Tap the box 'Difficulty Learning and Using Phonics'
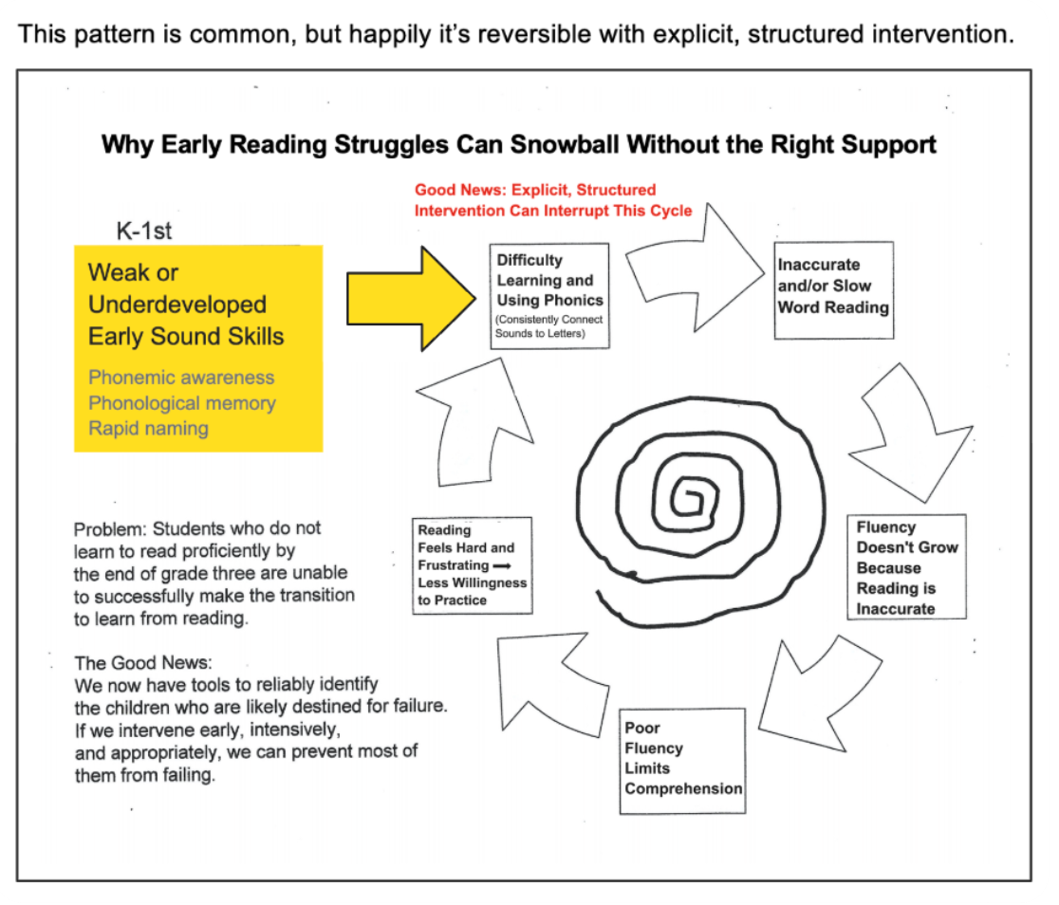pyautogui.click(x=549, y=296)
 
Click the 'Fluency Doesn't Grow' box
pyautogui.click(x=906, y=566)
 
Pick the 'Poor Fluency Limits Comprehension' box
pyautogui.click(x=682, y=759)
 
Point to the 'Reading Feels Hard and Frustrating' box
pyautogui.click(x=472, y=564)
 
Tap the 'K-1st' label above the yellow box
pyautogui.click(x=144, y=230)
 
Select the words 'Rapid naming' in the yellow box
pyautogui.click(x=148, y=428)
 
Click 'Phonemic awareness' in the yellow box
pyautogui.click(x=180, y=377)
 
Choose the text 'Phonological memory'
pyautogui.click(x=181, y=402)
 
